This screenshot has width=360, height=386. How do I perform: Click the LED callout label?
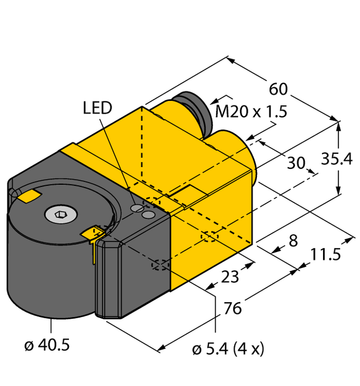pos(97,107)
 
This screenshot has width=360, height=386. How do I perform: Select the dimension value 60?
pos(277,90)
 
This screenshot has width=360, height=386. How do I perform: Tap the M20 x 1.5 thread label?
pos(251,112)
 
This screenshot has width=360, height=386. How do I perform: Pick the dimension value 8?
pos(293,241)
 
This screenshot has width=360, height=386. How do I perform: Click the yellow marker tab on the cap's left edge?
pos(28,196)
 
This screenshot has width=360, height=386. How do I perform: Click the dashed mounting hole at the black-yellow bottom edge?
pos(160,265)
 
